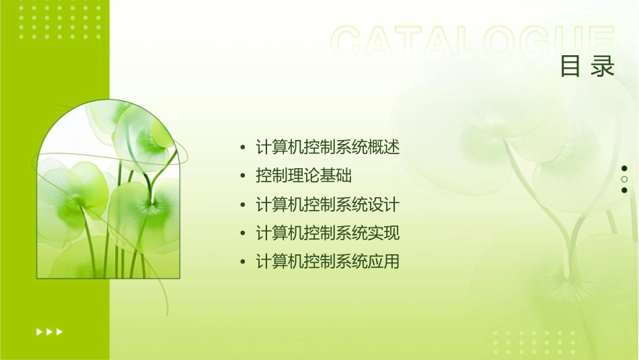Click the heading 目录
(x=587, y=67)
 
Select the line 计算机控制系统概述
(x=328, y=147)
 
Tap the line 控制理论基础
(x=303, y=176)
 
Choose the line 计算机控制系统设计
(x=328, y=205)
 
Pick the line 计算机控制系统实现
(x=328, y=233)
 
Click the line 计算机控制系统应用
(x=328, y=262)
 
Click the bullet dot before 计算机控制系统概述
(x=243, y=147)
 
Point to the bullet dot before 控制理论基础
(x=243, y=176)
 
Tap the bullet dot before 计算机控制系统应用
(x=243, y=262)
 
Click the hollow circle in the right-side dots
(x=624, y=180)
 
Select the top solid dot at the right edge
(x=624, y=168)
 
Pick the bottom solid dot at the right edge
(x=624, y=190)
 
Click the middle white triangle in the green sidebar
(x=49, y=332)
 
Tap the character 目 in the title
(x=570, y=67)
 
